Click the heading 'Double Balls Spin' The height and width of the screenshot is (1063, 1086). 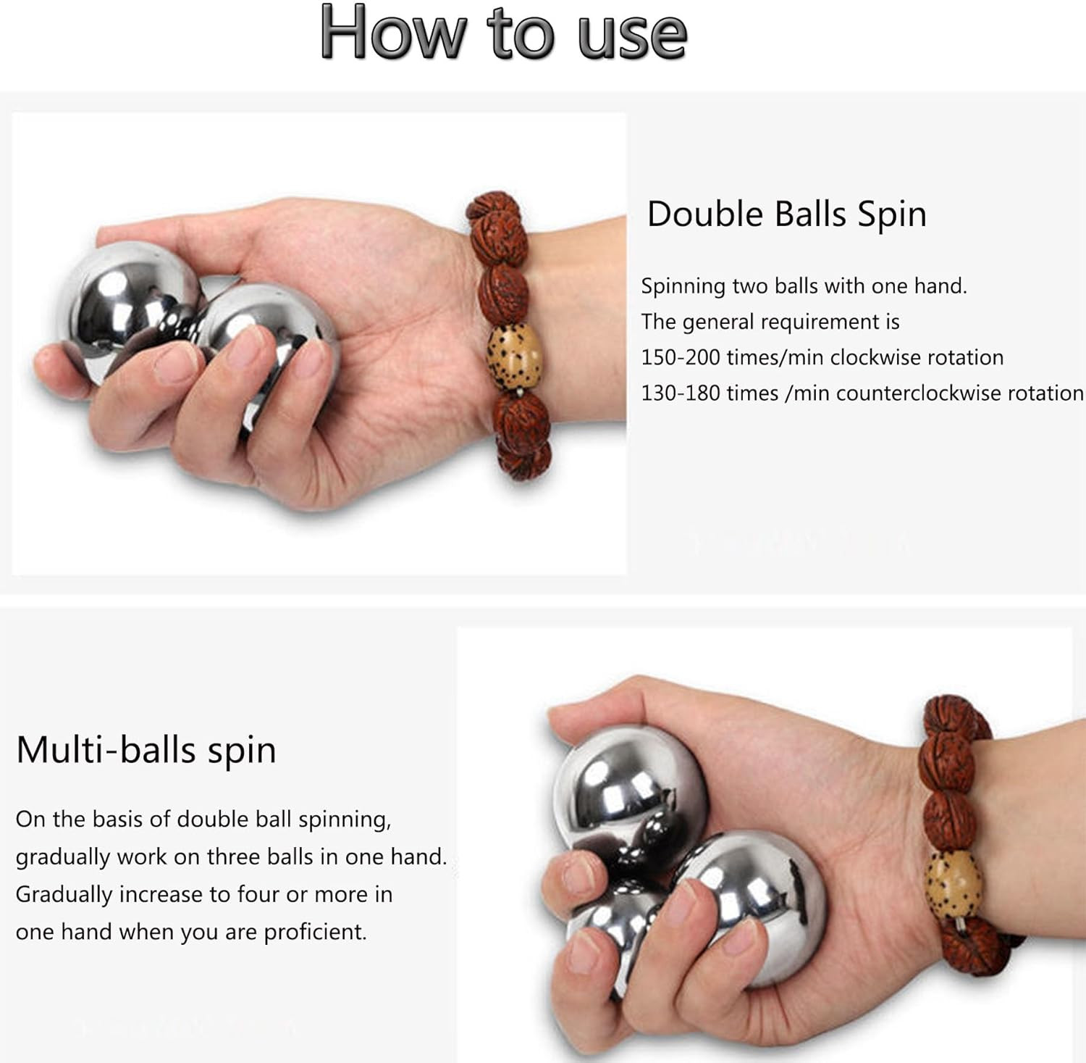(x=786, y=214)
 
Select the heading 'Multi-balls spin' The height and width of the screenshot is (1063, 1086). (x=146, y=750)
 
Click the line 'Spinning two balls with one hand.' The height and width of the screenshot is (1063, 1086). (x=804, y=286)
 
